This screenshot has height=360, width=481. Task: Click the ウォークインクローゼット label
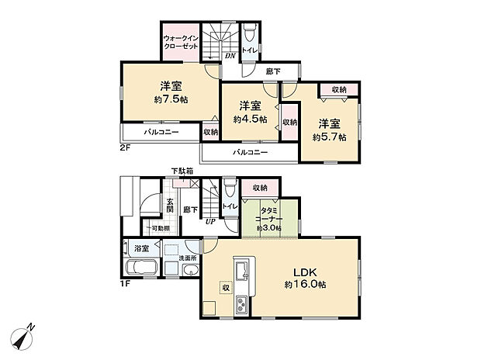tap(181, 41)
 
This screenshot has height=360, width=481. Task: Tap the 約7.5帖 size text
tap(171, 99)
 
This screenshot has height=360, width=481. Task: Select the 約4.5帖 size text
tap(250, 119)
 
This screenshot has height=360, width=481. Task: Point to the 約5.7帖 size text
tap(330, 137)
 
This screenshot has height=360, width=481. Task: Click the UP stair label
tap(210, 221)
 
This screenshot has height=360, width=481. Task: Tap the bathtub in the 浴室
tap(140, 268)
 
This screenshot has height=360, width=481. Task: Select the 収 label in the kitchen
tap(226, 286)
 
